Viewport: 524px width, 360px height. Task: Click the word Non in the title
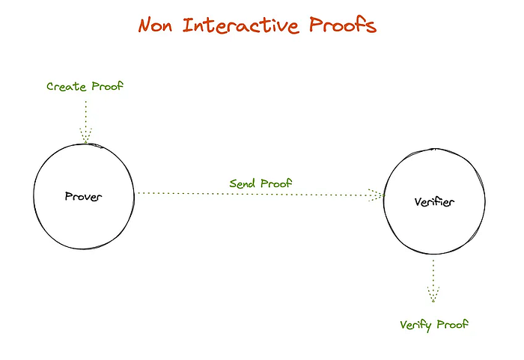156,25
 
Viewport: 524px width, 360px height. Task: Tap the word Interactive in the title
240,25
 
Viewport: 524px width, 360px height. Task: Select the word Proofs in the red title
343,25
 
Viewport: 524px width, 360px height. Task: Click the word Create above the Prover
67,87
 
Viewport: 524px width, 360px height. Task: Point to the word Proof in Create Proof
107,86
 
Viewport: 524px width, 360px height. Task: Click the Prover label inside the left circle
83,197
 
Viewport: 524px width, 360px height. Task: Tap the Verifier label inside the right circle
434,202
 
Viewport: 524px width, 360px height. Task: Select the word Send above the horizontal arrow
243,183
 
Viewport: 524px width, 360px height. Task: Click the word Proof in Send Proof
276,183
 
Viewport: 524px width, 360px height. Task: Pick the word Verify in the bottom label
415,326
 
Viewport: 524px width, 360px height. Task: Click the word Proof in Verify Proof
452,324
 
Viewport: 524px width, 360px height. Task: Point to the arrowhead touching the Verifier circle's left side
377,195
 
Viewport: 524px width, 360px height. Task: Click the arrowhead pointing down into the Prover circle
85,135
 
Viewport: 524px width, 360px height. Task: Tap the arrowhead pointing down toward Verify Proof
433,294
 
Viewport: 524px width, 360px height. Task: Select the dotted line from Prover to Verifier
261,194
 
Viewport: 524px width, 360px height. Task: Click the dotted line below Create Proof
85,122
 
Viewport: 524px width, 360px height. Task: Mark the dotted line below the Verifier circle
433,281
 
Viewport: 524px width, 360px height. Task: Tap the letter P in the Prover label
69,196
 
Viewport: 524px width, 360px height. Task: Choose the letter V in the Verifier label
418,202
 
